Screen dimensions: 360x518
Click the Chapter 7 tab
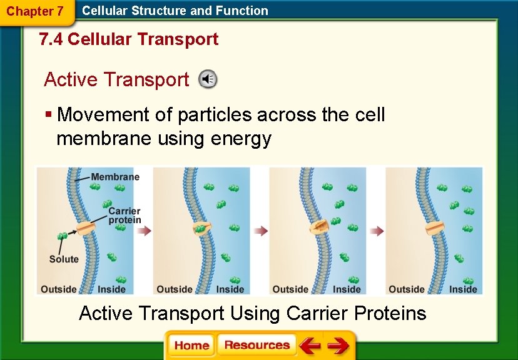pyautogui.click(x=34, y=11)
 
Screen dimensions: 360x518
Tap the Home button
pyautogui.click(x=191, y=345)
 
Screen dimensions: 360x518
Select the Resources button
pyautogui.click(x=256, y=345)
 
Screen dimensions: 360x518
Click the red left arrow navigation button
pyautogui.click(x=309, y=345)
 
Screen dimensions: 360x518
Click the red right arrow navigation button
pyautogui.click(x=338, y=345)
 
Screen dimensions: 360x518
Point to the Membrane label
pyautogui.click(x=115, y=177)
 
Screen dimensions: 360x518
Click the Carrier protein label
pyautogui.click(x=124, y=216)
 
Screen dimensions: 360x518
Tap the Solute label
pyautogui.click(x=64, y=259)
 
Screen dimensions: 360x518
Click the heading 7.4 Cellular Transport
pyautogui.click(x=128, y=40)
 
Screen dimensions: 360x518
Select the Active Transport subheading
pyautogui.click(x=116, y=80)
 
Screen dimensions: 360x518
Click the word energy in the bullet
pyautogui.click(x=241, y=138)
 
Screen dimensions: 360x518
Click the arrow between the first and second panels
pyautogui.click(x=145, y=231)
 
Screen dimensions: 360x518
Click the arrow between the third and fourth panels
pyautogui.click(x=376, y=231)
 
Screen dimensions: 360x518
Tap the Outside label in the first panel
pyautogui.click(x=58, y=289)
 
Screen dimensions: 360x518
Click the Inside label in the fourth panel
pyautogui.click(x=463, y=289)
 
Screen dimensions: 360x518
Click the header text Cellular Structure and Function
pyautogui.click(x=175, y=11)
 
